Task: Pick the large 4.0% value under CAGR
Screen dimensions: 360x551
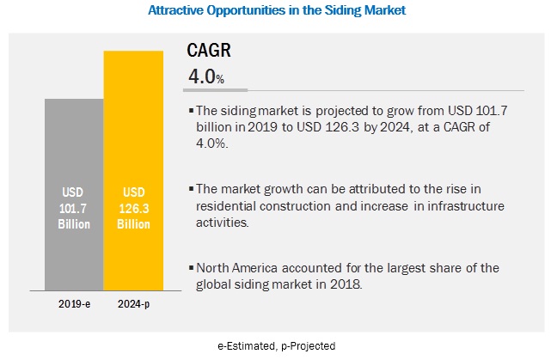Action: coord(205,77)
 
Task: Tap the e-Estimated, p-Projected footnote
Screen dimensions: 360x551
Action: coord(274,345)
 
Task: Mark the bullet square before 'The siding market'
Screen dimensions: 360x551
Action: coord(191,111)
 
